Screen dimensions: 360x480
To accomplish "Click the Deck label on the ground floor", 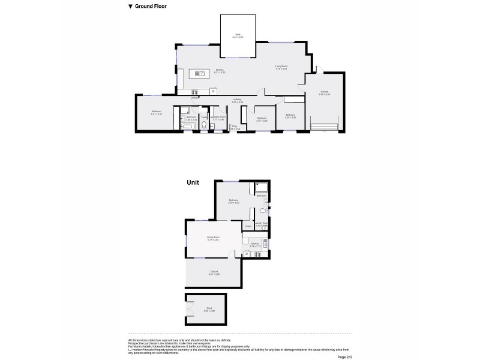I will pyautogui.click(x=238, y=35).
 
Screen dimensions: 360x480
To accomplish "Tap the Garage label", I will pyautogui.click(x=325, y=92).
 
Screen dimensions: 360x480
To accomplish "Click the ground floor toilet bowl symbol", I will pyautogui.click(x=205, y=125).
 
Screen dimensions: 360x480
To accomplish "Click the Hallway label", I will pyautogui.click(x=238, y=100).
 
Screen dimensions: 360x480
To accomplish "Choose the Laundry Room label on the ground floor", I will pyautogui.click(x=218, y=117).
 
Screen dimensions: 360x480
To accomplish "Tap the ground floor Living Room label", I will pyautogui.click(x=282, y=66).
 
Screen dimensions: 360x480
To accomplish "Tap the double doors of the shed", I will pyautogui.click(x=190, y=309).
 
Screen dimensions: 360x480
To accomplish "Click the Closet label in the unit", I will pyautogui.click(x=248, y=226).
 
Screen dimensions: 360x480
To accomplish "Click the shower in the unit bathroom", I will pyautogui.click(x=262, y=187).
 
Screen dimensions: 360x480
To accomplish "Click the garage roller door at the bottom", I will pyautogui.click(x=325, y=126).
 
